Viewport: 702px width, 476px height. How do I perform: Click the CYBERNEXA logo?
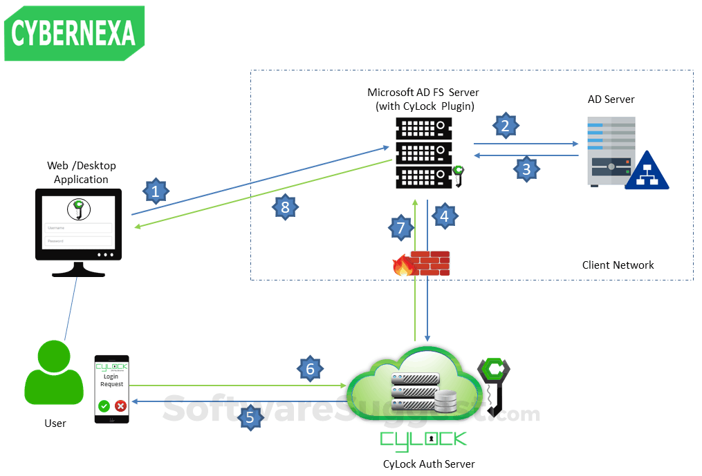[x=74, y=34]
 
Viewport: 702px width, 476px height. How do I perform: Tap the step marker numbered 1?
[x=156, y=191]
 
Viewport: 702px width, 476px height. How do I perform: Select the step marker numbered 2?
[x=506, y=125]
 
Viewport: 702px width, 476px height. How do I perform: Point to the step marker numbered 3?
[x=526, y=168]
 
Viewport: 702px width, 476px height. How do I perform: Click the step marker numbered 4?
[x=444, y=216]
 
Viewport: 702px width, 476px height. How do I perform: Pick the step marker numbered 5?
[x=250, y=417]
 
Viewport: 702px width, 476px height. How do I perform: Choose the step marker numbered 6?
[x=310, y=369]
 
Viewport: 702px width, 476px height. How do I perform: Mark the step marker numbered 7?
[x=400, y=227]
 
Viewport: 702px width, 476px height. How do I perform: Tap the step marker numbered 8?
[x=285, y=206]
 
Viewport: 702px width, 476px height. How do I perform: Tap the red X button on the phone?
[x=120, y=406]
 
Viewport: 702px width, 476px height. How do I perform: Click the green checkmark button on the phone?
[x=104, y=406]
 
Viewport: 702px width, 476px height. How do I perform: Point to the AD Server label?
[x=611, y=99]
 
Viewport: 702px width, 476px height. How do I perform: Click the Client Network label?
[x=618, y=265]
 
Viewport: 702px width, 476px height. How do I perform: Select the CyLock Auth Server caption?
[x=429, y=464]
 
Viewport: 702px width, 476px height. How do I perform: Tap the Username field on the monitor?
[x=78, y=227]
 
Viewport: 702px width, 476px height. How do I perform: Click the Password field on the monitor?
[x=78, y=240]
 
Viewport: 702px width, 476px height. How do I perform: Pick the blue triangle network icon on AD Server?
[x=647, y=172]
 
